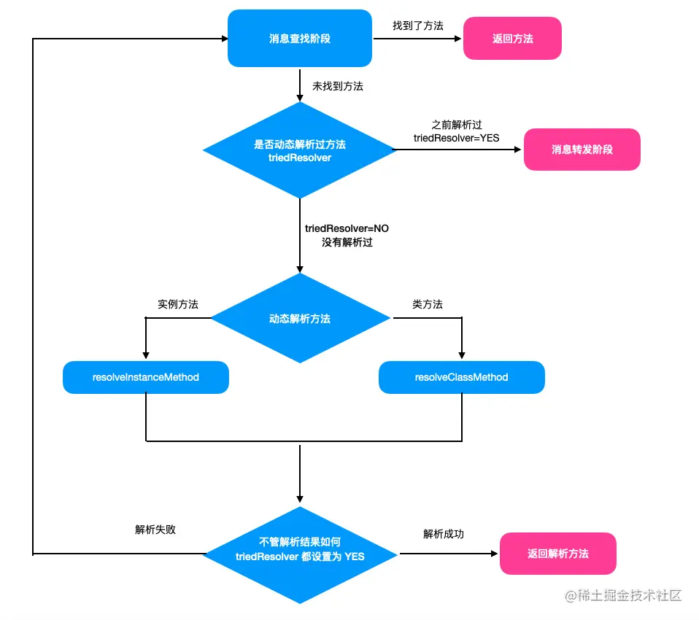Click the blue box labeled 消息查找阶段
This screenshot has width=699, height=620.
(x=299, y=38)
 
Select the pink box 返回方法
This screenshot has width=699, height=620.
(x=512, y=39)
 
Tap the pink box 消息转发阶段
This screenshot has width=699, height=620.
(x=582, y=150)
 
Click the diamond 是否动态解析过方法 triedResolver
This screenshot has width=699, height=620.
(x=299, y=150)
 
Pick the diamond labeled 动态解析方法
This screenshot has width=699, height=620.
(x=299, y=319)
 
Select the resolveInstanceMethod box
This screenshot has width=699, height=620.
(x=146, y=377)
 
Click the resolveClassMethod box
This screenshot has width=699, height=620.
(x=461, y=377)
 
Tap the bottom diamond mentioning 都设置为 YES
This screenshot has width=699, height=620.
(x=299, y=554)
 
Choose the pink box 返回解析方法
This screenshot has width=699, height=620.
(x=557, y=554)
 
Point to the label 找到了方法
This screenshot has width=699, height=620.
(x=417, y=25)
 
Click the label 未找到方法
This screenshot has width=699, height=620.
(x=338, y=86)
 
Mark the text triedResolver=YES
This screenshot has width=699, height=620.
(x=456, y=137)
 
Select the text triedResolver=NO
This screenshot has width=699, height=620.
(x=347, y=228)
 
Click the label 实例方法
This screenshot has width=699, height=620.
(x=177, y=304)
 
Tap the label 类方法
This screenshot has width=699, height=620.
(x=427, y=304)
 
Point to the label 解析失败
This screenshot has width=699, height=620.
(x=155, y=530)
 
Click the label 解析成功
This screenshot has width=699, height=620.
(x=443, y=534)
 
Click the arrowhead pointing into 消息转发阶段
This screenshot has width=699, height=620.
(x=519, y=150)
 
